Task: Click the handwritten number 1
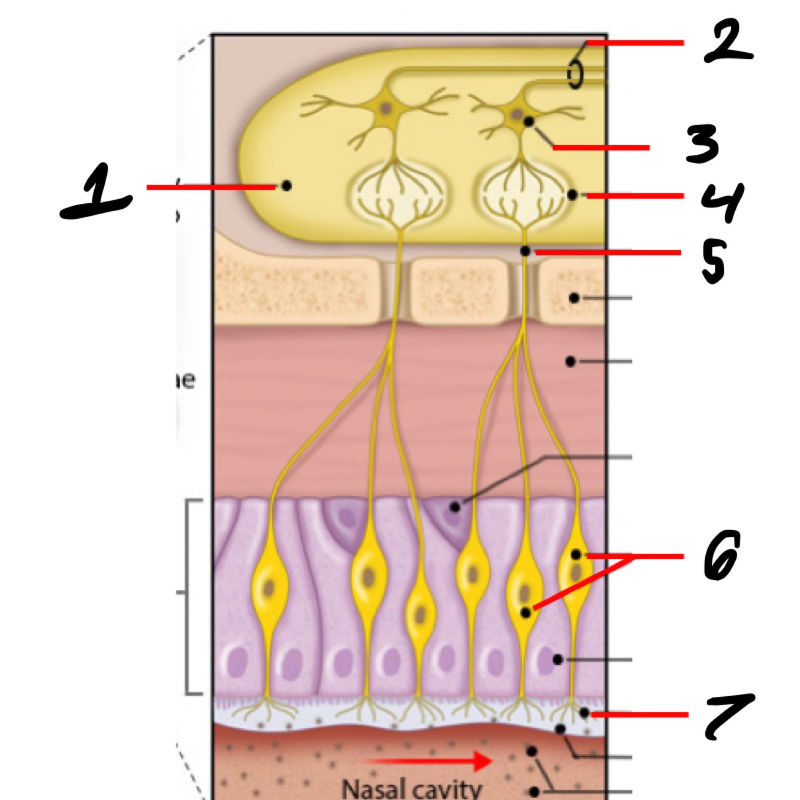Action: coord(96,192)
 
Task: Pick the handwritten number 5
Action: coord(714,261)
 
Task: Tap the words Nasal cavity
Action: coord(411,788)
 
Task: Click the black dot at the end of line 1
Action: coord(287,186)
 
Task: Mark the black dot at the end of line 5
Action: coord(525,251)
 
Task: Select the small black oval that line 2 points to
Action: coord(575,76)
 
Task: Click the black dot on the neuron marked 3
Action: coord(528,122)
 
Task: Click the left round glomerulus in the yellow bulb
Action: coord(399,196)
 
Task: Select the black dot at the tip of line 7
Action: coord(584,712)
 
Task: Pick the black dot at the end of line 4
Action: coord(572,195)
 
